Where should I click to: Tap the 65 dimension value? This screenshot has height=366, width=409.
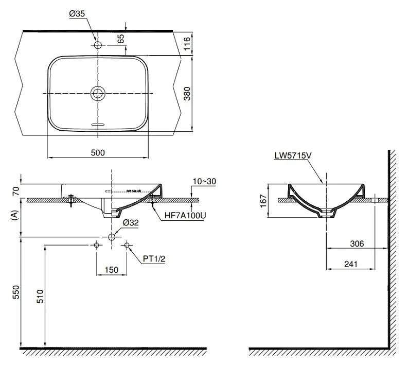120,39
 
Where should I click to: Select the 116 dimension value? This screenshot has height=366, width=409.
187,44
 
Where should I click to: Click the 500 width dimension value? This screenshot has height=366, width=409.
98,152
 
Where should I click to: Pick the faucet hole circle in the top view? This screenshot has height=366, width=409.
98,44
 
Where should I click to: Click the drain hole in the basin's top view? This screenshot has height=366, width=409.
98,93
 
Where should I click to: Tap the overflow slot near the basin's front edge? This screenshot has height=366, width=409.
98,124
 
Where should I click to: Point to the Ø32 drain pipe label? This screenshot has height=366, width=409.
132,223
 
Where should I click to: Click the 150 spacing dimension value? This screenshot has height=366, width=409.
112,269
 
